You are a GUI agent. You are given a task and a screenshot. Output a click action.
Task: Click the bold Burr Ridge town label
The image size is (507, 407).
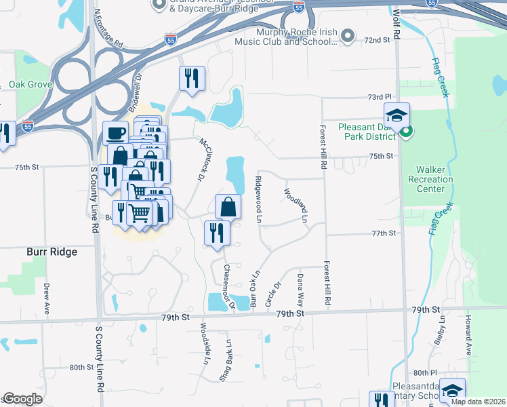click(52, 252)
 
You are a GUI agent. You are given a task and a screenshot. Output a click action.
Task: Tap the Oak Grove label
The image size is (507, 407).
click(31, 85)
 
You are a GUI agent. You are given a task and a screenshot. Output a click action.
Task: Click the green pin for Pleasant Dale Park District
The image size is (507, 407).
click(405, 131)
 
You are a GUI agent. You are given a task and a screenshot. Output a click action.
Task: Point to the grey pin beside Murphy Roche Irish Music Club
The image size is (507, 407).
click(348, 35)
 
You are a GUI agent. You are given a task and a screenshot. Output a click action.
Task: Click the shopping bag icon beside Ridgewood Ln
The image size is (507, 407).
click(228, 206)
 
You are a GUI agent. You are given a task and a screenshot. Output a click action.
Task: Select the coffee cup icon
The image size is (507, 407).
click(115, 132)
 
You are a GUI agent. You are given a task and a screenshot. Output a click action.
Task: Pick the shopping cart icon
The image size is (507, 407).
click(140, 213)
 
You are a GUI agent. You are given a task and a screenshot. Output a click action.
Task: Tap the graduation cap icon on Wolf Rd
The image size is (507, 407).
click(397, 115)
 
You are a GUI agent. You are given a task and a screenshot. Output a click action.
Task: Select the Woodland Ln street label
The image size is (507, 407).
click(296, 206)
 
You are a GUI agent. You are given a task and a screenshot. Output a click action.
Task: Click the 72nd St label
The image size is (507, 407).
click(378, 41)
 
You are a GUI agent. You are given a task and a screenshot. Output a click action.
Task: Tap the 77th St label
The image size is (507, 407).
click(382, 233)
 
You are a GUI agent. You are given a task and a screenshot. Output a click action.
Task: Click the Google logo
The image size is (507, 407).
click(23, 399)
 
